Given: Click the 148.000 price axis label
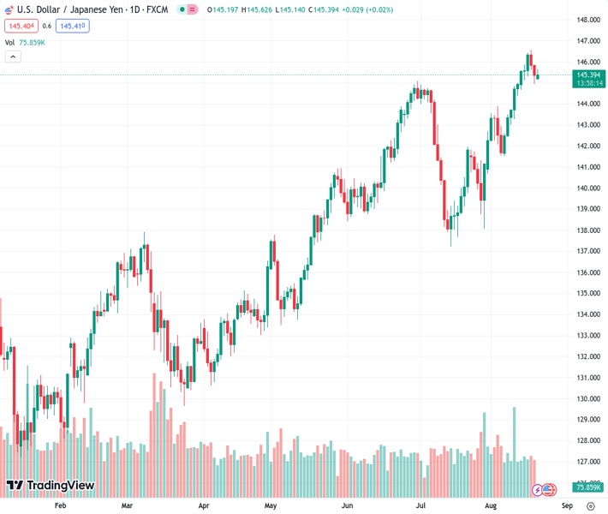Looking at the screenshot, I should pyautogui.click(x=587, y=20).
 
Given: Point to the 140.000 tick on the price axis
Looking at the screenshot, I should pyautogui.click(x=587, y=188).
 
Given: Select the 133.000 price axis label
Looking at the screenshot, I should pyautogui.click(x=587, y=335).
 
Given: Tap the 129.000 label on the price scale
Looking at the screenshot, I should pyautogui.click(x=587, y=420).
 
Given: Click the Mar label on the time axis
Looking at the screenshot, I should pyautogui.click(x=128, y=505).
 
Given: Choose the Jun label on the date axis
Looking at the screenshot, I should pyautogui.click(x=348, y=505).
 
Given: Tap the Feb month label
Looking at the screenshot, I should pyautogui.click(x=60, y=505).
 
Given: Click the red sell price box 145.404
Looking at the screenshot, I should pyautogui.click(x=21, y=26).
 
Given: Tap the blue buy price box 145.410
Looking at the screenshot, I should pyautogui.click(x=73, y=26).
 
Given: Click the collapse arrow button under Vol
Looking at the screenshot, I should pyautogui.click(x=13, y=57).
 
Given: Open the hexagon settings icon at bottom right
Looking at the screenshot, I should pyautogui.click(x=590, y=505).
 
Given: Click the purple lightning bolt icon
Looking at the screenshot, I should pyautogui.click(x=538, y=490).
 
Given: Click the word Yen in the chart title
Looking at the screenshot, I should pyautogui.click(x=100, y=9).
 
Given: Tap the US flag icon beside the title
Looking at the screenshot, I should pyautogui.click(x=10, y=9).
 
